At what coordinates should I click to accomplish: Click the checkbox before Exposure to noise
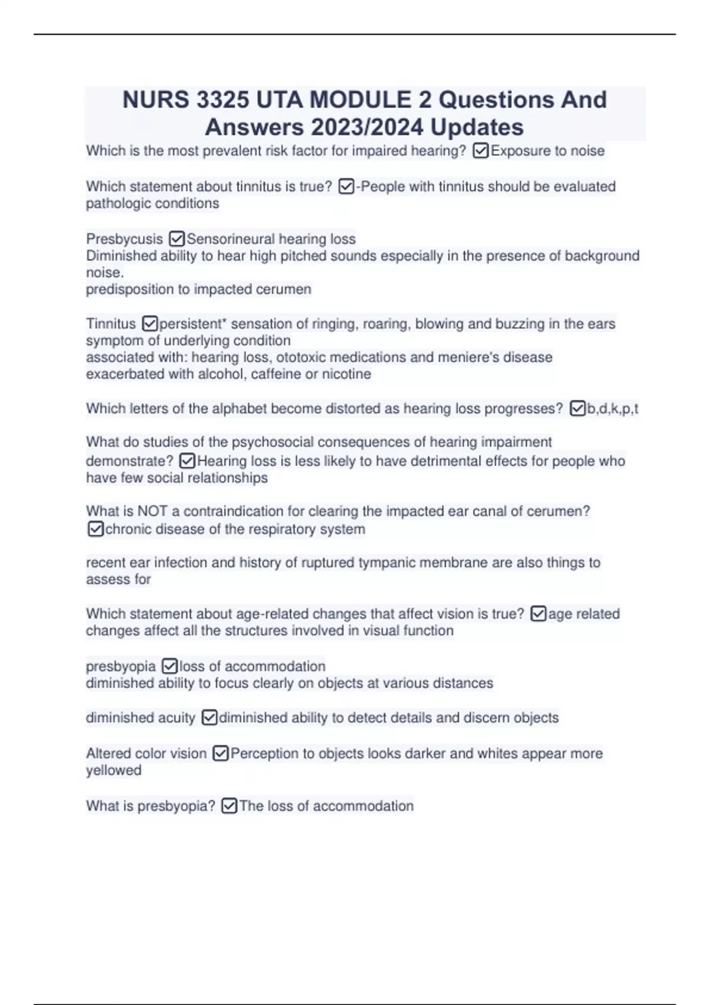(x=480, y=151)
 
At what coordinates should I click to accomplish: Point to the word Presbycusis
(x=124, y=239)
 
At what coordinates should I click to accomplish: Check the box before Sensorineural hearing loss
(x=176, y=239)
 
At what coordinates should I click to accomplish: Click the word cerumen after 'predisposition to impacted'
(x=288, y=289)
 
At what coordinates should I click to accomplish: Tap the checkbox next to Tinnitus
(x=150, y=324)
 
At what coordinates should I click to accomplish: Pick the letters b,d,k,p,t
(x=612, y=409)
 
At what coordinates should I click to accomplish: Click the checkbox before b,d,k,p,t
(x=577, y=409)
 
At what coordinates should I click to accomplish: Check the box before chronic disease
(x=95, y=529)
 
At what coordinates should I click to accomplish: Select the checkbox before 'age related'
(x=538, y=614)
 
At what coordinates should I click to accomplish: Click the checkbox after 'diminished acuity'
(x=209, y=718)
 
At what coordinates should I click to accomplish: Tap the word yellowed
(x=114, y=770)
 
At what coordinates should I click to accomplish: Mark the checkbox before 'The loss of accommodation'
(x=229, y=806)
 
